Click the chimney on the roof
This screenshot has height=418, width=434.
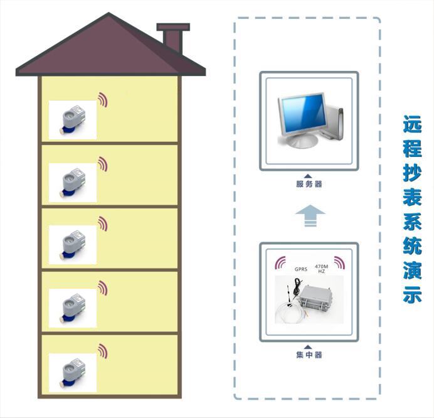pos(173,38)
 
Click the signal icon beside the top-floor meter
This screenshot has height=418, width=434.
pos(103,100)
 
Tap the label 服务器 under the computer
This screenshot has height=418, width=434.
pos(309,184)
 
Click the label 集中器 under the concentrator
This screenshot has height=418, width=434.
pos(309,355)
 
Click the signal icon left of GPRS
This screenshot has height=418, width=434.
pos(282,261)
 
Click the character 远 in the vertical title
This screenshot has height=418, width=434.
pos(412,126)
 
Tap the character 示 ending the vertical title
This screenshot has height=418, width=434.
pos(412,295)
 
